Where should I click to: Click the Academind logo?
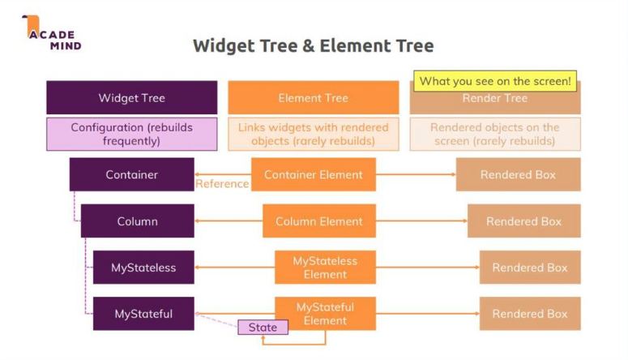(x=52, y=33)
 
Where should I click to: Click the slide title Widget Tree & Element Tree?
(x=313, y=45)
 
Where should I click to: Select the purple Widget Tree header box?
(x=131, y=98)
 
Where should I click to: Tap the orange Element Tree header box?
(x=313, y=98)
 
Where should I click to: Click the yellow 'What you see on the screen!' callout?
(x=495, y=80)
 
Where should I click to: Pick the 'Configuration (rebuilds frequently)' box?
(x=131, y=134)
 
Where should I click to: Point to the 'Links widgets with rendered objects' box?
(x=313, y=134)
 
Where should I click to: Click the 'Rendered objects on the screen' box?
(x=494, y=134)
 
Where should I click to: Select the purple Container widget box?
(x=131, y=174)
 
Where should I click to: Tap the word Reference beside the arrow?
(x=222, y=184)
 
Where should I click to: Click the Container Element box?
(x=313, y=174)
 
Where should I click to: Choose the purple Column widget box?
(x=137, y=221)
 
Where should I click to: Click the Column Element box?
(x=318, y=221)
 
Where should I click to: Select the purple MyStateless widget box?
(x=143, y=268)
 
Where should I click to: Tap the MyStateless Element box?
(x=324, y=268)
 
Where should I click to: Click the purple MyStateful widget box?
(x=143, y=314)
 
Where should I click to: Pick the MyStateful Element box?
(x=324, y=314)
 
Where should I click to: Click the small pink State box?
(x=263, y=328)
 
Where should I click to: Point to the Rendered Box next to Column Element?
(x=523, y=221)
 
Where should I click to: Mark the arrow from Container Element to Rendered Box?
(x=415, y=174)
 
